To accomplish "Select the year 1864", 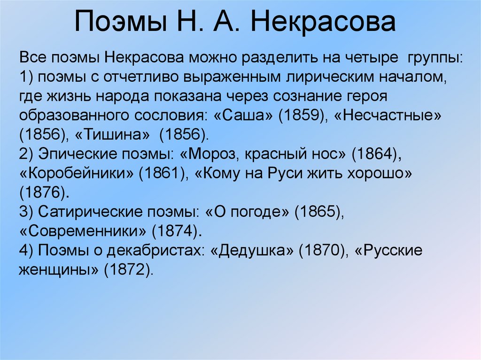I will coord(375,154).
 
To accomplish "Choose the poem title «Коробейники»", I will coord(77,173).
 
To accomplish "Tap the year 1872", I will coord(126,269).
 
